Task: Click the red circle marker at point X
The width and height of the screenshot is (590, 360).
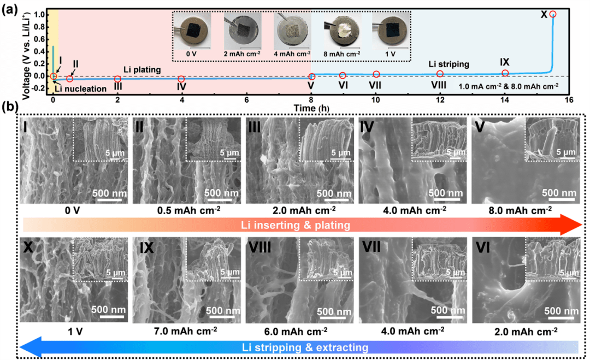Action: pyautogui.click(x=553, y=14)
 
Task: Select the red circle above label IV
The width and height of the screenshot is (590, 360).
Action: pyautogui.click(x=181, y=79)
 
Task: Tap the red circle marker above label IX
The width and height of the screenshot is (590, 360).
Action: pyautogui.click(x=505, y=73)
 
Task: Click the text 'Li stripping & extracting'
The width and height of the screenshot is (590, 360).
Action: pyautogui.click(x=303, y=347)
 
